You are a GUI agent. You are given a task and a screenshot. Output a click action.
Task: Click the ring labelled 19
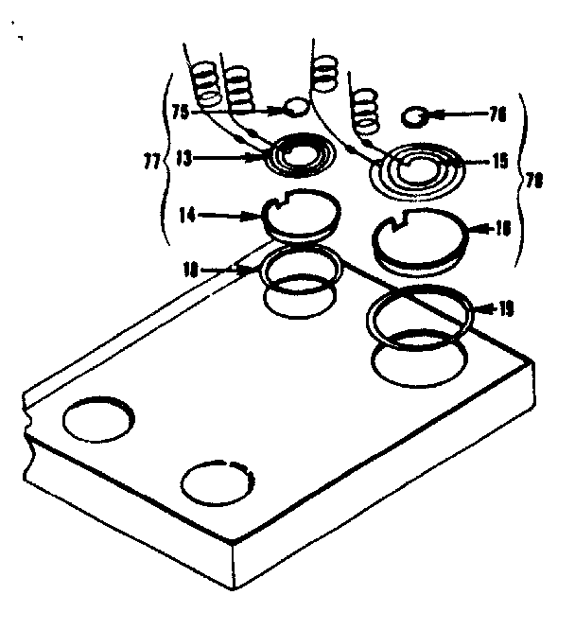point(418,313)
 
